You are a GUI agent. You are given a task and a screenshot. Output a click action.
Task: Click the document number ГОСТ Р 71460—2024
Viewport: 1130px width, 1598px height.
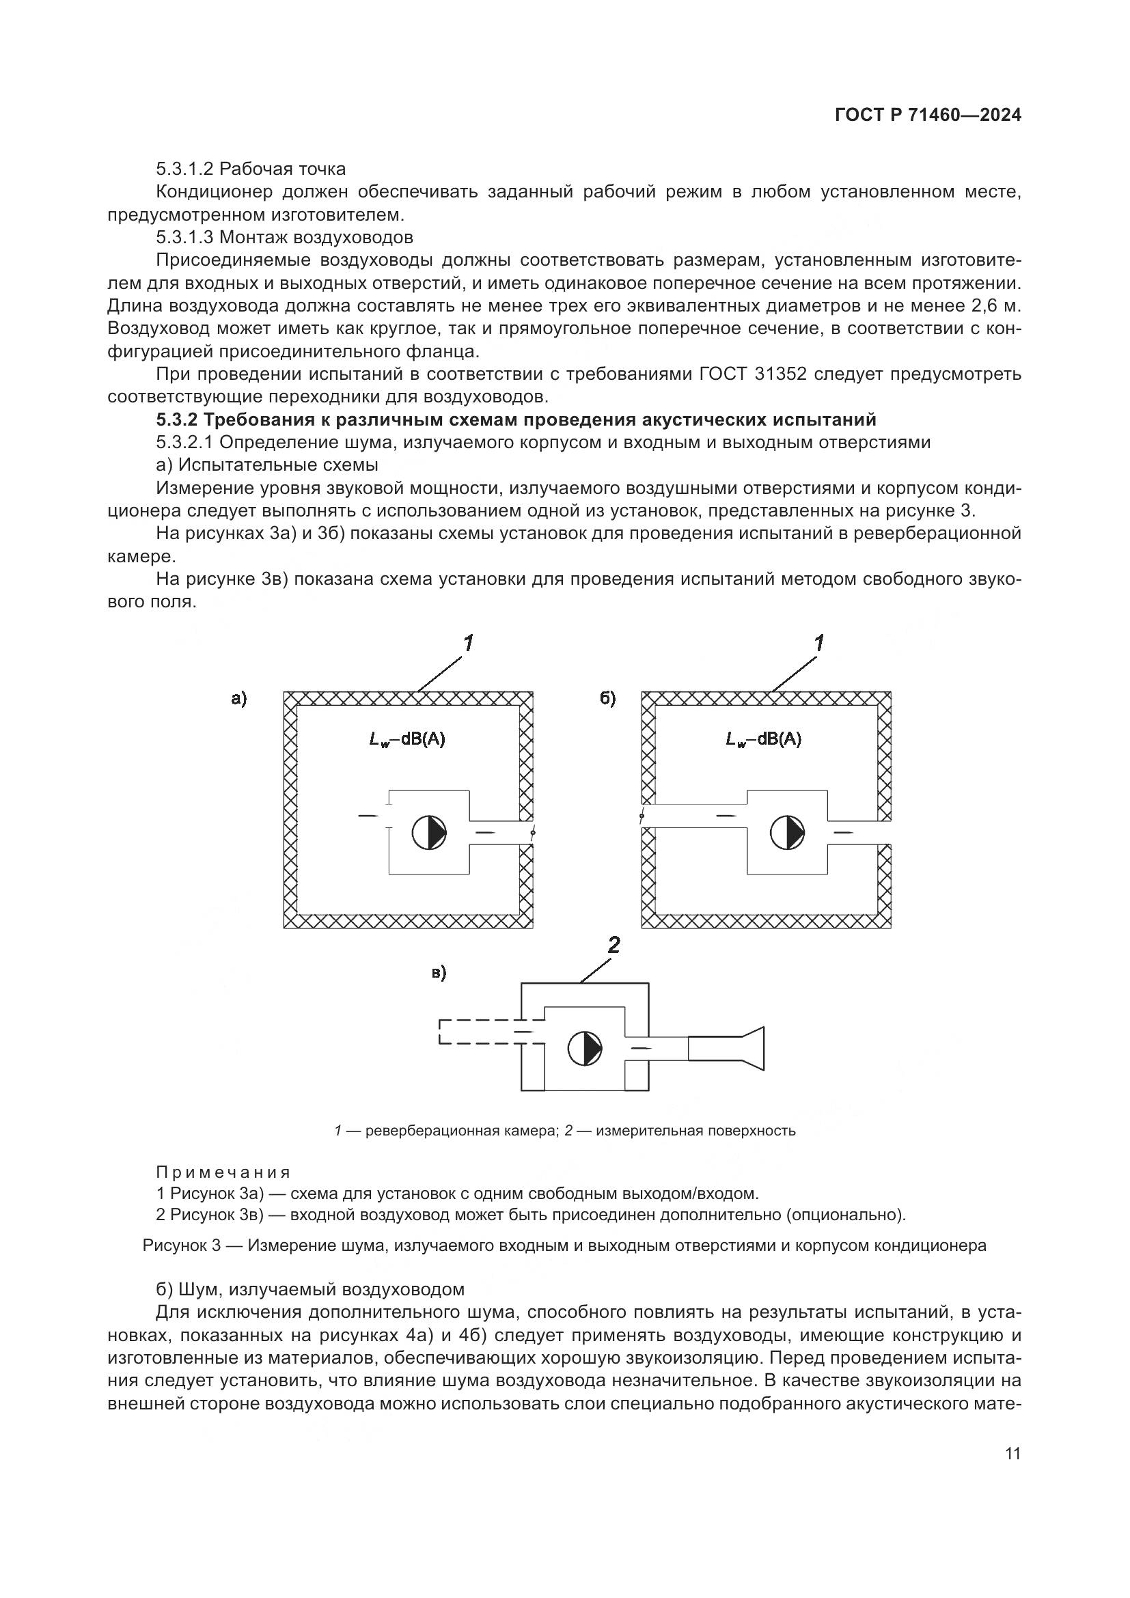pos(928,115)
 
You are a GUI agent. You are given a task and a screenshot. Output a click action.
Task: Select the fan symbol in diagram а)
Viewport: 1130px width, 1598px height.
pos(428,832)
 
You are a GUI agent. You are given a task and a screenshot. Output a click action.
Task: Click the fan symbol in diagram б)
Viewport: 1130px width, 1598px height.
pos(787,832)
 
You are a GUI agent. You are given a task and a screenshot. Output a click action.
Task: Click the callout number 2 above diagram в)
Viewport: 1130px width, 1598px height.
pos(614,944)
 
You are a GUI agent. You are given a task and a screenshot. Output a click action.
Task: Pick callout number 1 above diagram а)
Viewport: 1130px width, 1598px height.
pos(468,644)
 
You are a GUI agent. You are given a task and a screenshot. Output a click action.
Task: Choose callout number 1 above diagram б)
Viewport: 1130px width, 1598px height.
pos(819,644)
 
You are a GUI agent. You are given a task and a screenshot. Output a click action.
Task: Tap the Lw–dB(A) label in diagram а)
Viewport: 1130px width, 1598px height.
pos(407,740)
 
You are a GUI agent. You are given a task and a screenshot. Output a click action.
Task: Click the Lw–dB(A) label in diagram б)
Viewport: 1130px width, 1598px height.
pos(763,740)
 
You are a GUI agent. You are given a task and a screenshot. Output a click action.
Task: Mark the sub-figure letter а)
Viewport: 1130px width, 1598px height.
pos(238,699)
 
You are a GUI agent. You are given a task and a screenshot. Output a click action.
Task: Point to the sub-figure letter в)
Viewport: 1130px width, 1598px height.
pos(439,973)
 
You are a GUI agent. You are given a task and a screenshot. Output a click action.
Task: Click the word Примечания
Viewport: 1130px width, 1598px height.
pos(223,1173)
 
